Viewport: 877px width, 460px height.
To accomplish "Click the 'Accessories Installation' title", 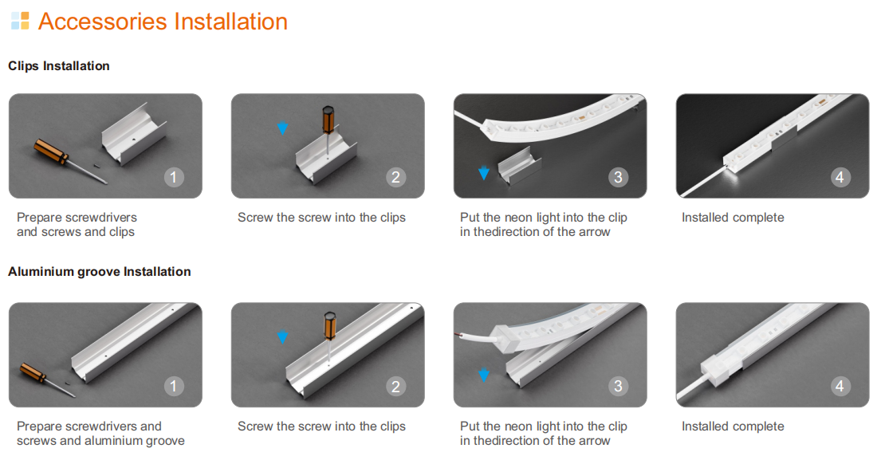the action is coord(163,22).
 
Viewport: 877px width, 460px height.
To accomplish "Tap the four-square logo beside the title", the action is coord(20,21).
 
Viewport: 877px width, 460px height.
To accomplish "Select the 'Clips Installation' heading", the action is coord(59,66).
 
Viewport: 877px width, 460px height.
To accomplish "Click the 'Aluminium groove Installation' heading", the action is coord(100,272).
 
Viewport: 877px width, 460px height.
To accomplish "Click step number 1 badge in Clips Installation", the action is coord(173,178).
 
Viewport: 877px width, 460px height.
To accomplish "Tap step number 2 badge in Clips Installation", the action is coord(396,178).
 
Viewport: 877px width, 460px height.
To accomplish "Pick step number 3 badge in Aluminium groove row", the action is coord(618,386).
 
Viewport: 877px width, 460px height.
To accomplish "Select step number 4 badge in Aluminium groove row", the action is coord(840,386).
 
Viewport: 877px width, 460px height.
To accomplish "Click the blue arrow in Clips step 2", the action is coord(283,128).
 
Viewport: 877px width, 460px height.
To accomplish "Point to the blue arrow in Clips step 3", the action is coord(484,173).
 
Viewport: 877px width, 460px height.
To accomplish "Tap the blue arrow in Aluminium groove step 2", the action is coord(283,336).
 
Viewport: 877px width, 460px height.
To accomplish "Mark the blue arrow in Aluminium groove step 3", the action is coord(484,375).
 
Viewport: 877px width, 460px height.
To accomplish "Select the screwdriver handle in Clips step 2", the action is coord(328,120).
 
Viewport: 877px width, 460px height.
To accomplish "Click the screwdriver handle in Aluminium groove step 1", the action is coord(33,372).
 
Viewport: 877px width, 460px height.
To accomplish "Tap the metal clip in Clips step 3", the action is coord(520,166).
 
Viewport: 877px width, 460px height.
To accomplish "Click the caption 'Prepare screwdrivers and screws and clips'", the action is coord(77,224).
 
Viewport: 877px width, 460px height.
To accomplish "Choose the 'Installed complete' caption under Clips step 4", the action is coord(733,218).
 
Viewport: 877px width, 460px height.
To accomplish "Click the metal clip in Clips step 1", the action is coord(134,134).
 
